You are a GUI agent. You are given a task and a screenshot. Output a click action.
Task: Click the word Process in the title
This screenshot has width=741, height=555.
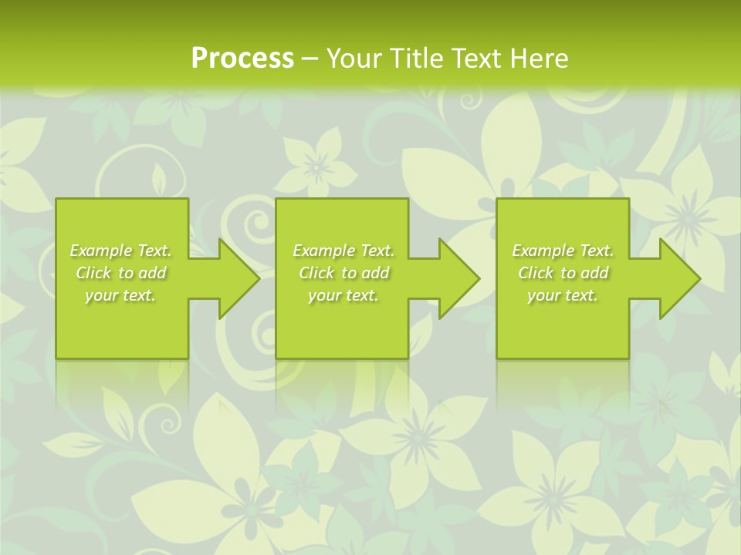coord(242,59)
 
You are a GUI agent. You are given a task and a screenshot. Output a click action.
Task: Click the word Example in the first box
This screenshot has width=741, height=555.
coord(101,251)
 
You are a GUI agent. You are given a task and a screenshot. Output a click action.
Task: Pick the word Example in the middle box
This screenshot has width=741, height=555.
coord(323,251)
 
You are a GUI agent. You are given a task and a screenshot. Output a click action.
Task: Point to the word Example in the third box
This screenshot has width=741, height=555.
coord(543,251)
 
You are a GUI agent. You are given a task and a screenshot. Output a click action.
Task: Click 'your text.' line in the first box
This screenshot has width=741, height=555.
coord(120,295)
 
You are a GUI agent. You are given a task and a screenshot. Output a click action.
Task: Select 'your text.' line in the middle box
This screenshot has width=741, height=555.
coord(343,295)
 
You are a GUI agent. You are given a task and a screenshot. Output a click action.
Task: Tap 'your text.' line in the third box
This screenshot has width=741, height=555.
coord(563,295)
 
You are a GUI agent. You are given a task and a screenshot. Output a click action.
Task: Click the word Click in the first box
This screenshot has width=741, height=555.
coord(93,273)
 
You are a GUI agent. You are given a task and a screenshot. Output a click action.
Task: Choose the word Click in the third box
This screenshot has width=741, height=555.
coord(536,273)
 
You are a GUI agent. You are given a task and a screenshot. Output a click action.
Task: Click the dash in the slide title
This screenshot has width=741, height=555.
coord(310,59)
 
